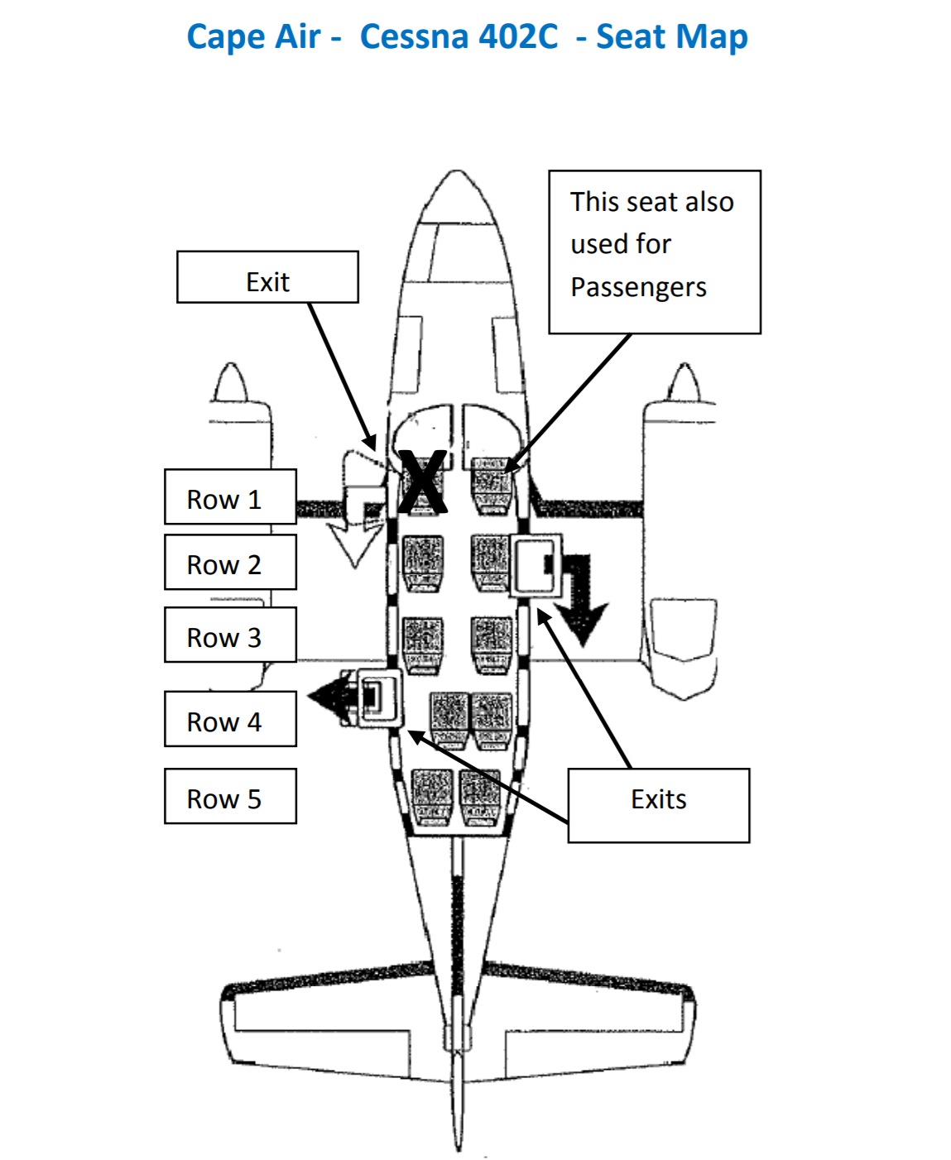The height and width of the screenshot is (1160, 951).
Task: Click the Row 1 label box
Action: click(x=230, y=497)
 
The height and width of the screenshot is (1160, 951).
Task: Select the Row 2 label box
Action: click(x=230, y=563)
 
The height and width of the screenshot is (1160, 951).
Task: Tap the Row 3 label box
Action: click(x=230, y=635)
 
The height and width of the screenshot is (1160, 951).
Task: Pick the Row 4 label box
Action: click(x=230, y=719)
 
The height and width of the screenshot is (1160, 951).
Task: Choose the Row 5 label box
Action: click(x=230, y=797)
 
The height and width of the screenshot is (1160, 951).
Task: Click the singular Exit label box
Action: click(x=267, y=278)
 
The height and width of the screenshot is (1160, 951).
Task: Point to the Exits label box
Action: click(x=658, y=805)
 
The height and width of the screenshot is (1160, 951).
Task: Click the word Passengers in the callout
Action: click(x=638, y=287)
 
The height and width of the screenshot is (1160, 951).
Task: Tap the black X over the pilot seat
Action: click(x=423, y=482)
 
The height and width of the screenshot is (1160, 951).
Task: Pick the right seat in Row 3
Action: click(x=492, y=641)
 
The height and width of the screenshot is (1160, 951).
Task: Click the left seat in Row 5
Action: click(x=432, y=796)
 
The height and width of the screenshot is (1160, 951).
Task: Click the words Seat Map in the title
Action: click(x=671, y=36)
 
